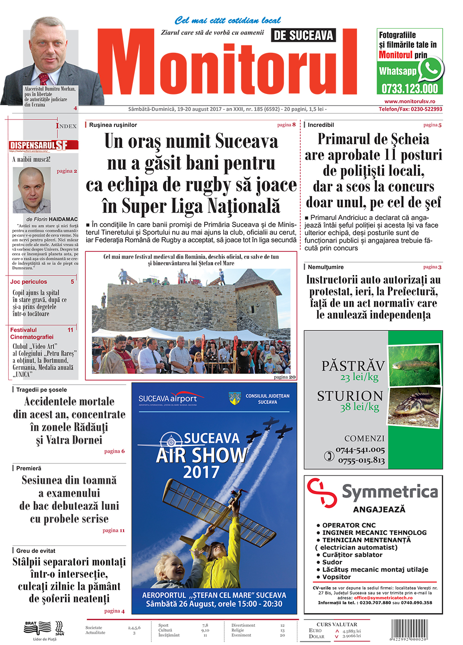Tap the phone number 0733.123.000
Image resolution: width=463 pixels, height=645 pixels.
409,88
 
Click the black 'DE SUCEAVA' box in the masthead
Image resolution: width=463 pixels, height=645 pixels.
303,36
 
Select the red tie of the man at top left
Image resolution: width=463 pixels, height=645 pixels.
44,78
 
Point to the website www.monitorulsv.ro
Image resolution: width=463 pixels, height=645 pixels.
409,101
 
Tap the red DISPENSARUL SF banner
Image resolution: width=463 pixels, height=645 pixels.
43,145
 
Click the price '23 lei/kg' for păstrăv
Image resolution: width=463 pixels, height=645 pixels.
359,377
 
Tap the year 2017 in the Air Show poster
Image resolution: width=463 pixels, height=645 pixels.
201,472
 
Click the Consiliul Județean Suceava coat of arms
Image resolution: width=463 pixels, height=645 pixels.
235,398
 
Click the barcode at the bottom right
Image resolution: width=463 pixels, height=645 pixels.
410,629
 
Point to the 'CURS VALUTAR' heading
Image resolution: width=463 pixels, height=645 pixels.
337,624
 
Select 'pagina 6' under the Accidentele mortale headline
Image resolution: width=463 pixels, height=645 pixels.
114,451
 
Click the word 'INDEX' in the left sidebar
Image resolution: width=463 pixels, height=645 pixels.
66,126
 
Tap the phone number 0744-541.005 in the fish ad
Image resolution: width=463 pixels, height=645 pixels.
360,450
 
